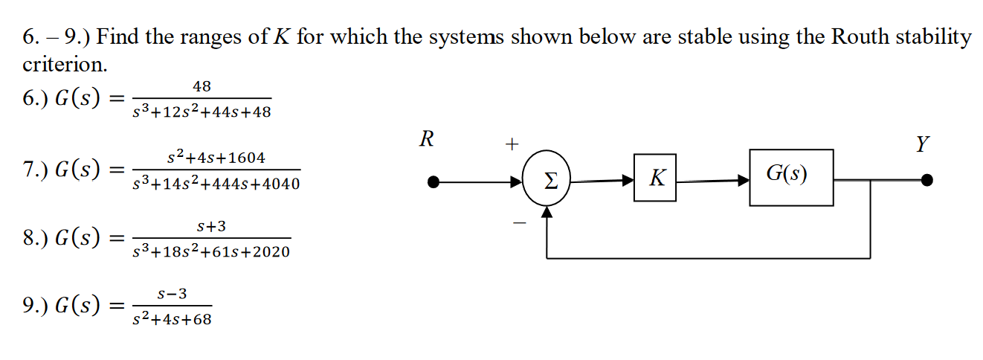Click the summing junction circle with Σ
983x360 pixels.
point(547,179)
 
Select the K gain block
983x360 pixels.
point(655,178)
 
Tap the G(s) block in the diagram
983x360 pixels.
point(791,177)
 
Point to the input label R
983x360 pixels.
point(426,140)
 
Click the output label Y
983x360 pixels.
point(922,144)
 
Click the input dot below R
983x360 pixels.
point(436,180)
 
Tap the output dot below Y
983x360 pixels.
point(926,180)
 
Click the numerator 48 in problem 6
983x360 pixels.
point(202,86)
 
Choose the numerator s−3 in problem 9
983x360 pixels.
point(173,295)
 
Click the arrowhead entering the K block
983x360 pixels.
point(628,179)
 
